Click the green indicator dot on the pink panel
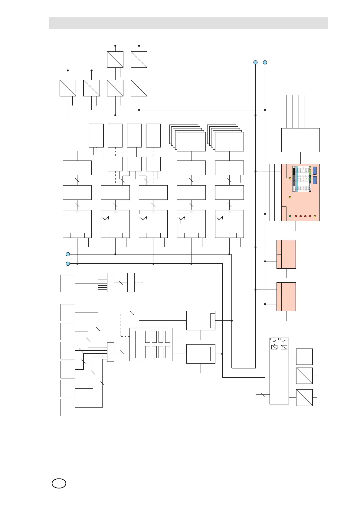click(x=290, y=216)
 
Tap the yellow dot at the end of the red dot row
click(x=315, y=216)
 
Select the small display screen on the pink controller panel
click(x=302, y=179)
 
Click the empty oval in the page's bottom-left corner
click(x=59, y=483)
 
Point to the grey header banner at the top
click(x=188, y=23)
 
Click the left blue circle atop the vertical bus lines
click(x=255, y=63)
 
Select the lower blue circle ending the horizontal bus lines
click(x=68, y=264)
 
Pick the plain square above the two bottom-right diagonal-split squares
click(x=304, y=357)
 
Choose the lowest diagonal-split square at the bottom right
click(x=304, y=397)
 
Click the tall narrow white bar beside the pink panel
click(x=272, y=192)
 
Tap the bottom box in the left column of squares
click(x=68, y=407)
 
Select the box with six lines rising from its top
click(x=300, y=140)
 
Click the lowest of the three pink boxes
click(x=286, y=297)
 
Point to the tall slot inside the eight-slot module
click(x=139, y=344)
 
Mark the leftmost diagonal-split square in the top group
click(x=67, y=88)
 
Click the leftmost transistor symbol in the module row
click(x=105, y=219)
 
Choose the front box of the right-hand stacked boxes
click(x=229, y=142)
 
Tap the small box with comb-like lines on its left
click(x=110, y=283)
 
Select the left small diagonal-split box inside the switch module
click(x=274, y=347)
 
